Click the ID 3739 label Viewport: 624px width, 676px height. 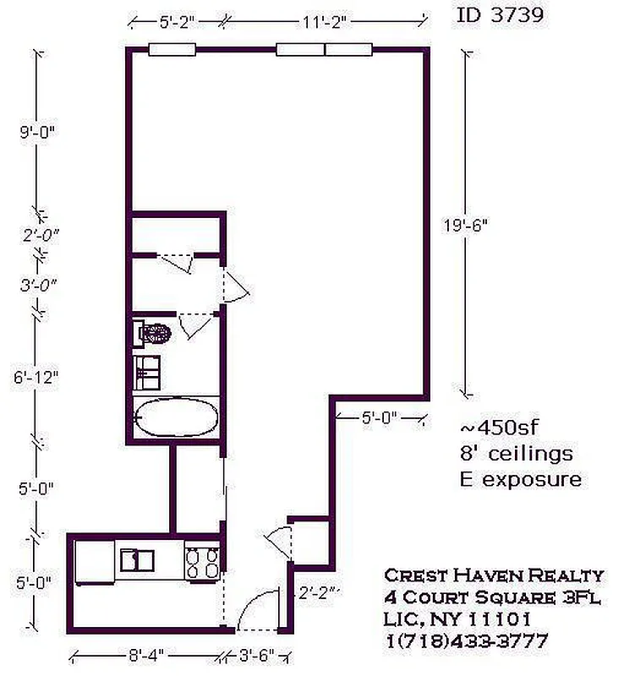(x=500, y=14)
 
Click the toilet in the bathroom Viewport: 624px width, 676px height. (x=156, y=331)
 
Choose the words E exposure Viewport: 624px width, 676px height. (x=517, y=479)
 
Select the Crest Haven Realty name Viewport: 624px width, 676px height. (x=494, y=575)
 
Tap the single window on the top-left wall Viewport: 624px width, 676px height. (x=172, y=49)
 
